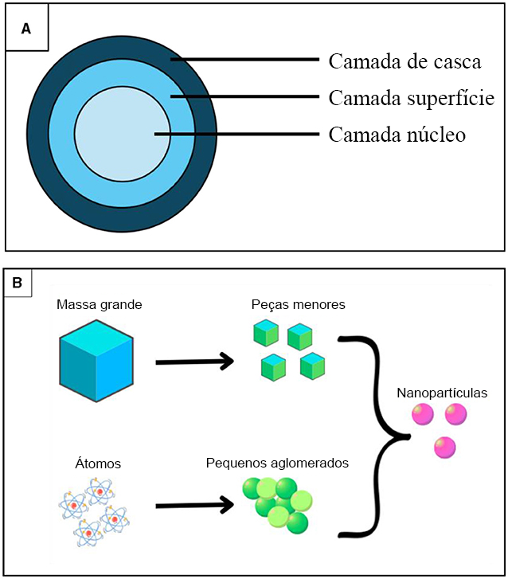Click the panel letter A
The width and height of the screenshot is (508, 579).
26,28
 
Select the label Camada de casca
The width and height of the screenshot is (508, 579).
404,61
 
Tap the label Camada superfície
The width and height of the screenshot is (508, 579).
411,98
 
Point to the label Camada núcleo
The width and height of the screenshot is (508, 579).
397,135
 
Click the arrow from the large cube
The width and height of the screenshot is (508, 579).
195,362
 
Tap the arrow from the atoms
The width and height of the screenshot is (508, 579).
195,505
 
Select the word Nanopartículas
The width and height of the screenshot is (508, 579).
441,393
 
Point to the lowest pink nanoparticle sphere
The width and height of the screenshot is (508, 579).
444,448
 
